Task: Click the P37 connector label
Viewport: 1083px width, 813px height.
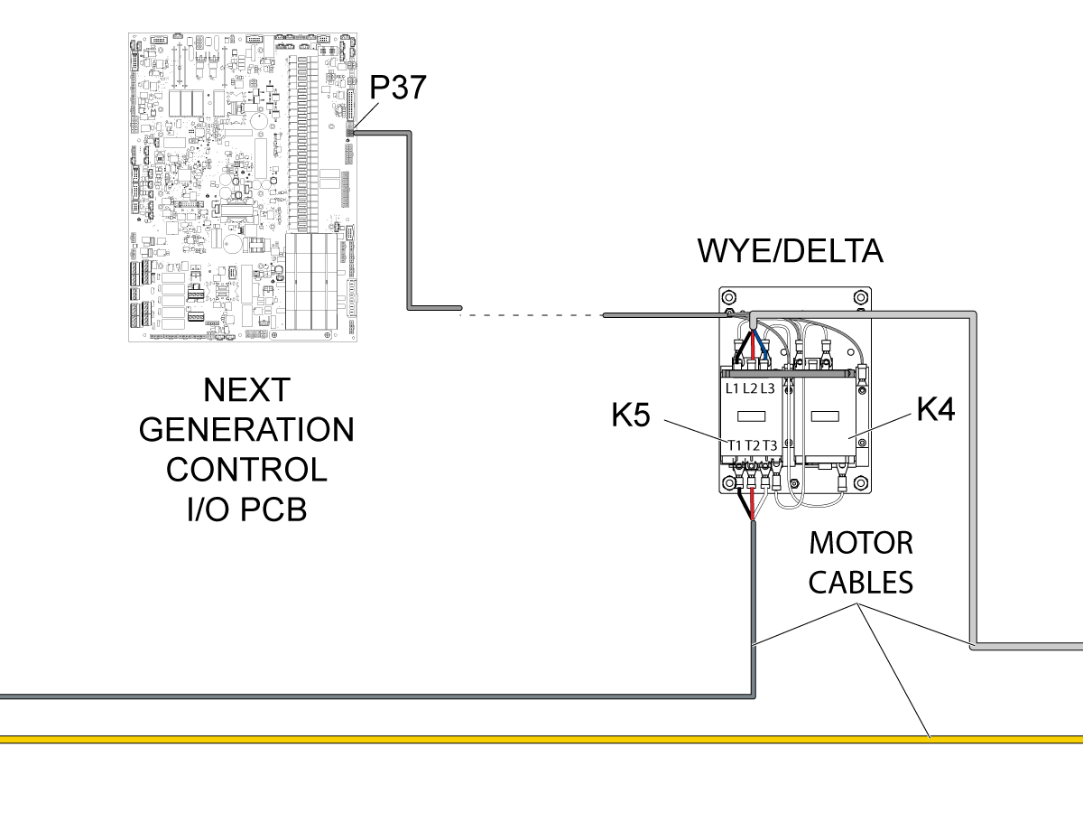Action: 398,88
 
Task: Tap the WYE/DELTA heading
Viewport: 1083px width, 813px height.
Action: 790,251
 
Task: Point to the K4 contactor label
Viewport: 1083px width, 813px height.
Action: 936,409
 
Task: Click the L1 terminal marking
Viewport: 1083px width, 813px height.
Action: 732,388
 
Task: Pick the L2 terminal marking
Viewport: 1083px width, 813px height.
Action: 750,388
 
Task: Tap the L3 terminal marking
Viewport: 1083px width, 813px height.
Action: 768,388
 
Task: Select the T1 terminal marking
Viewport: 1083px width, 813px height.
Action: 735,445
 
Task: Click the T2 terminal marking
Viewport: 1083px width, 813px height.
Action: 753,445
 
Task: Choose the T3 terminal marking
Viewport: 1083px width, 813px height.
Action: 770,445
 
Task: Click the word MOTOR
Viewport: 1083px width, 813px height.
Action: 861,543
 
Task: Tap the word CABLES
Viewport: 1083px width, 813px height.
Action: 861,583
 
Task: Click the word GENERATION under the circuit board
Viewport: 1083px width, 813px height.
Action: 246,429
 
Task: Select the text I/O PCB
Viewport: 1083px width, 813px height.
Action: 246,509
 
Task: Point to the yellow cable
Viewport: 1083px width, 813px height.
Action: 541,739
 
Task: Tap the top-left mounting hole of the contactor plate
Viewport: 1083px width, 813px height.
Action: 728,298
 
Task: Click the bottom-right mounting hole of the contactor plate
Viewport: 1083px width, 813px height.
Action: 861,482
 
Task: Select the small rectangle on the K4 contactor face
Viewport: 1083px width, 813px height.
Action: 825,416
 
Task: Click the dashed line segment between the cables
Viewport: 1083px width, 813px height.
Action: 532,315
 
